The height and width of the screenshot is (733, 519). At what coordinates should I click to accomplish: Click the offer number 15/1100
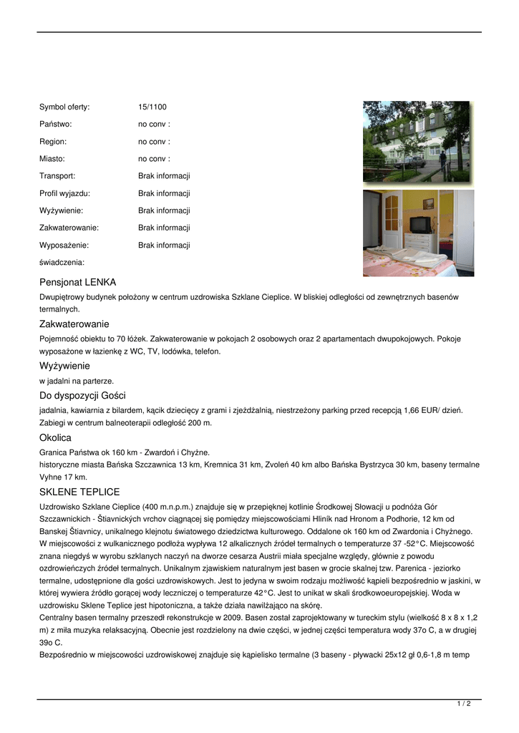(152, 107)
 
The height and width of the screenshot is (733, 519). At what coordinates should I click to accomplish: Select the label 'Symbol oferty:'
(64, 107)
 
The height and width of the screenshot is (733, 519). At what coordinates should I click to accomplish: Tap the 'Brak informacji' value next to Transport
(164, 176)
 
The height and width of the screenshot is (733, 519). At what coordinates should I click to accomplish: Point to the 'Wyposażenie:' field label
(65, 246)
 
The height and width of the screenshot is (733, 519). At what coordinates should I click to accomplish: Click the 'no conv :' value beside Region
(154, 142)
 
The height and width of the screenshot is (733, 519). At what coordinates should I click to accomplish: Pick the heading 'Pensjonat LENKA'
(77, 283)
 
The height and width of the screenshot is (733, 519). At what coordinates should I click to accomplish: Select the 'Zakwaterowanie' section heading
(74, 324)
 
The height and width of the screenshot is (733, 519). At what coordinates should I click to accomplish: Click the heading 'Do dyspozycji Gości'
(82, 396)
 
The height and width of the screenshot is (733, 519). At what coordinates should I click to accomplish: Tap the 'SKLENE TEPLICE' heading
(79, 492)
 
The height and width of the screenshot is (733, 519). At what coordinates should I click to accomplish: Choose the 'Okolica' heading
(55, 437)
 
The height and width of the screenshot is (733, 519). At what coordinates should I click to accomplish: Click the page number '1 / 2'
(463, 704)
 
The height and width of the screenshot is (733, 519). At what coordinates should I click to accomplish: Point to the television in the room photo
(420, 224)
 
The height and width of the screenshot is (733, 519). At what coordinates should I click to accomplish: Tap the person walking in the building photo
(443, 159)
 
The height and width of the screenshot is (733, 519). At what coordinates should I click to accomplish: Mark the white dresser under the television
(421, 243)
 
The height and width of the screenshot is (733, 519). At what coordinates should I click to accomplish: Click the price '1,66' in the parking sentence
(413, 410)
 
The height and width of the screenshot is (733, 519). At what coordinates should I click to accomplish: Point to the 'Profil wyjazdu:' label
(64, 193)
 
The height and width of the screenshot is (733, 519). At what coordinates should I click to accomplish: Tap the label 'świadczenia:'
(62, 263)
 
